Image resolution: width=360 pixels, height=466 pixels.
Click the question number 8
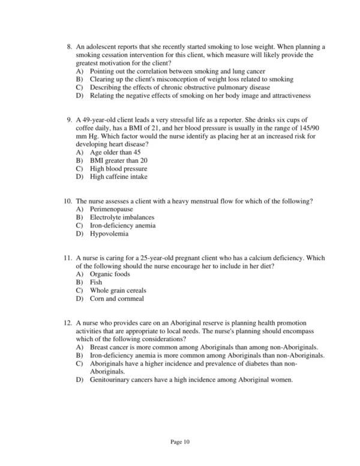69,47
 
